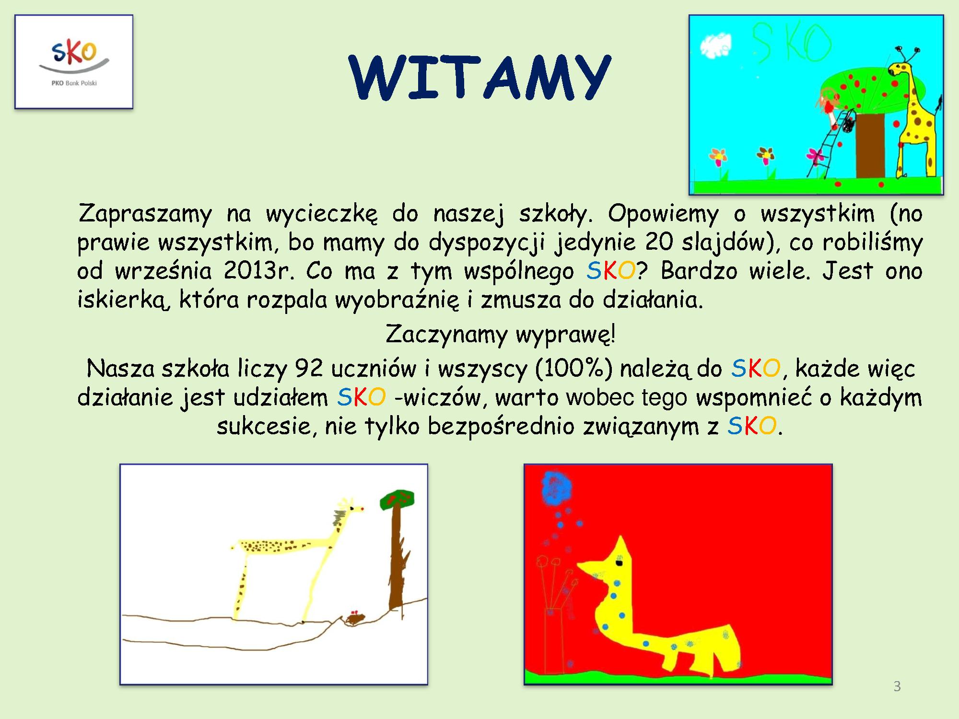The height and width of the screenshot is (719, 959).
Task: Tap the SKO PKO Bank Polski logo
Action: [74, 62]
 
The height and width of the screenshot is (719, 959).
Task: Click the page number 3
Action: [897, 686]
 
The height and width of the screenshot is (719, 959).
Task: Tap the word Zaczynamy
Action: [446, 335]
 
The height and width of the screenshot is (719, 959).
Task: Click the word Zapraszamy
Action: [145, 214]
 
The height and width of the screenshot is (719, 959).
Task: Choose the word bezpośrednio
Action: [501, 426]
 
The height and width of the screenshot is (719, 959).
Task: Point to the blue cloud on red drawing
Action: [556, 488]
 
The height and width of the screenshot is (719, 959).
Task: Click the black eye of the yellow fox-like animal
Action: [619, 563]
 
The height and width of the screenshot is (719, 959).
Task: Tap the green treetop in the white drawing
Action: [397, 499]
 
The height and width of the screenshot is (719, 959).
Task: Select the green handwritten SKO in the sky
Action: [791, 43]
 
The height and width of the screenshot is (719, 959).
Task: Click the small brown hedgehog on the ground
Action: [355, 619]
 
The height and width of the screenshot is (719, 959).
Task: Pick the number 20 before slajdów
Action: [659, 242]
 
